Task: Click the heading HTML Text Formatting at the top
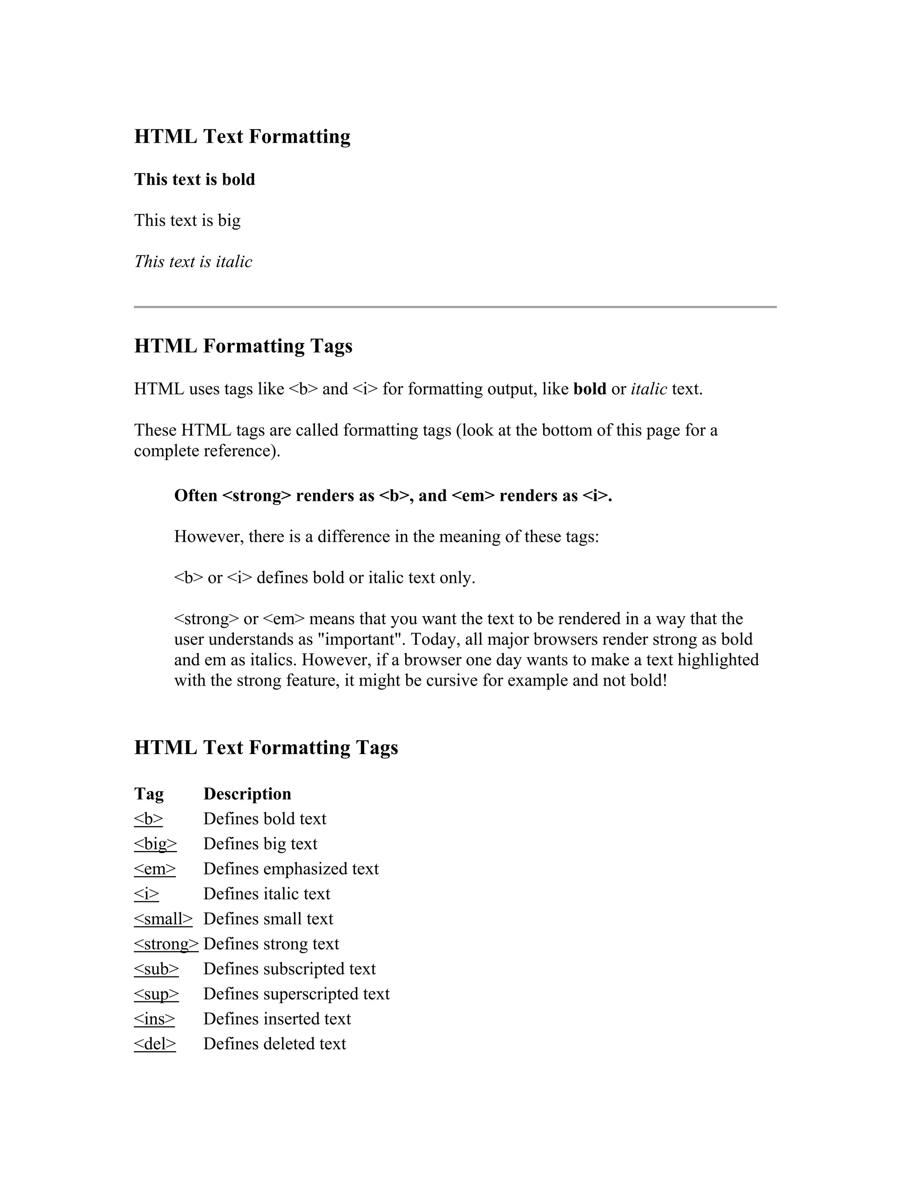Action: pos(242,137)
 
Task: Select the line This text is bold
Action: pos(194,179)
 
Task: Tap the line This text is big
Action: pos(187,220)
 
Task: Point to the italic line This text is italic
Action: pos(193,262)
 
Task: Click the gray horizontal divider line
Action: pos(455,307)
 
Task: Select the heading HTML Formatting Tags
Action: pos(243,346)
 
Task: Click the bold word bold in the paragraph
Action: pos(589,389)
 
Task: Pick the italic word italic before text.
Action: pos(649,389)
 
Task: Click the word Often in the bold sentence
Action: pos(195,496)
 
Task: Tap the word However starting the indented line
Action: pos(209,537)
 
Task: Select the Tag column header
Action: pos(149,794)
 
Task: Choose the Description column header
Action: pos(247,794)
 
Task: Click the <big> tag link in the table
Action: pos(155,844)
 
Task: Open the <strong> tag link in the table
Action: pos(166,944)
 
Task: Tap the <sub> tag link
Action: pos(156,969)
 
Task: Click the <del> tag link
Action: pos(155,1043)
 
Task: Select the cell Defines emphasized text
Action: pos(291,868)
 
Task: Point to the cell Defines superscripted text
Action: pos(296,994)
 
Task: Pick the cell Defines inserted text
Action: pos(277,1019)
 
